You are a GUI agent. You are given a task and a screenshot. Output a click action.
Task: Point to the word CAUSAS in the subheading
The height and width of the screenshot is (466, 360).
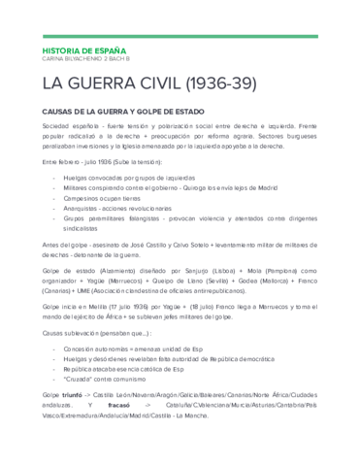point(60,112)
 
